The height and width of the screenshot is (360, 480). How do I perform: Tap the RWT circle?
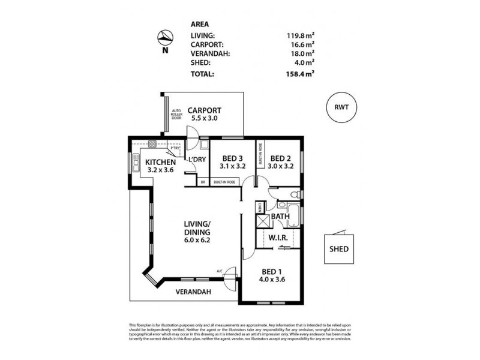[341, 107]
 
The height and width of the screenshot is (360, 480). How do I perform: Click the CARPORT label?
[204, 110]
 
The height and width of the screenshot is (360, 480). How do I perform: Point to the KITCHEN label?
[160, 162]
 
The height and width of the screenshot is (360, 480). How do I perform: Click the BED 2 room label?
[280, 158]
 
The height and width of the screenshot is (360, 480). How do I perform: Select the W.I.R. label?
[279, 238]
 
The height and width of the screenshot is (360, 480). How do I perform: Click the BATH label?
[280, 217]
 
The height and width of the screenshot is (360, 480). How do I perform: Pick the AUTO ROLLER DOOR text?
[176, 114]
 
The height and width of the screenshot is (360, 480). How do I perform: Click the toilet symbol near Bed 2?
[293, 194]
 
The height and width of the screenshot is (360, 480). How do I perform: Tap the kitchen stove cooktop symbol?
[152, 144]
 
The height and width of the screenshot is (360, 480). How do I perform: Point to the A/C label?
[220, 272]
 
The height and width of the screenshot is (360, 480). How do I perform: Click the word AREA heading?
[199, 24]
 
